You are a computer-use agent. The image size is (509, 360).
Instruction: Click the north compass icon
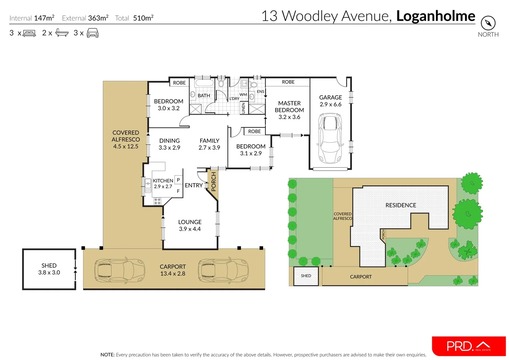[x=488, y=23]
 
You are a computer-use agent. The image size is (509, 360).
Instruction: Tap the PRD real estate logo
[x=469, y=346]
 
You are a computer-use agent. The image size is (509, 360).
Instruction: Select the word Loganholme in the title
[x=436, y=16]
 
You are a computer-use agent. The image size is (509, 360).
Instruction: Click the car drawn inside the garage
[x=330, y=138]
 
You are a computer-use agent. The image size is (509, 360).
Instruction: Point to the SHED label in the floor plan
[x=49, y=266]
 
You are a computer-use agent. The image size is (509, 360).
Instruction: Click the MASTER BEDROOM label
[x=289, y=107]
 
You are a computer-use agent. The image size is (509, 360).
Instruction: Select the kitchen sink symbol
[x=148, y=186]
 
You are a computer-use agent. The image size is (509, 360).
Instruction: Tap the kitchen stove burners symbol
[x=157, y=201]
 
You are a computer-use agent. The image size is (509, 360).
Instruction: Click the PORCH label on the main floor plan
[x=214, y=182]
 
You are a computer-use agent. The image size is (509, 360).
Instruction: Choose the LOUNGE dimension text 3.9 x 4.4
[x=190, y=229]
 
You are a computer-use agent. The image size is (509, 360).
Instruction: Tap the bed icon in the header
[x=29, y=33]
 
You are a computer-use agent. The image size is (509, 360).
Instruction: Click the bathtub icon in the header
[x=62, y=33]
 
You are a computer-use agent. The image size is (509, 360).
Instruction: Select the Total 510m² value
[x=143, y=18]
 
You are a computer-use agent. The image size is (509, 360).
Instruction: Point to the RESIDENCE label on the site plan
[x=401, y=205]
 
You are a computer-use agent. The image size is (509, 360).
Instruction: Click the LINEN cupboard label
[x=243, y=108]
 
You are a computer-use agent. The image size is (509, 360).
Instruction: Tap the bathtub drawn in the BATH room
[x=204, y=83]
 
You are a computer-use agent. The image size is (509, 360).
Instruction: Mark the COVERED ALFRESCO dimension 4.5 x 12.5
[x=126, y=146]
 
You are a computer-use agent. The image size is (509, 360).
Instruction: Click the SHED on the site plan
[x=306, y=276]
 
